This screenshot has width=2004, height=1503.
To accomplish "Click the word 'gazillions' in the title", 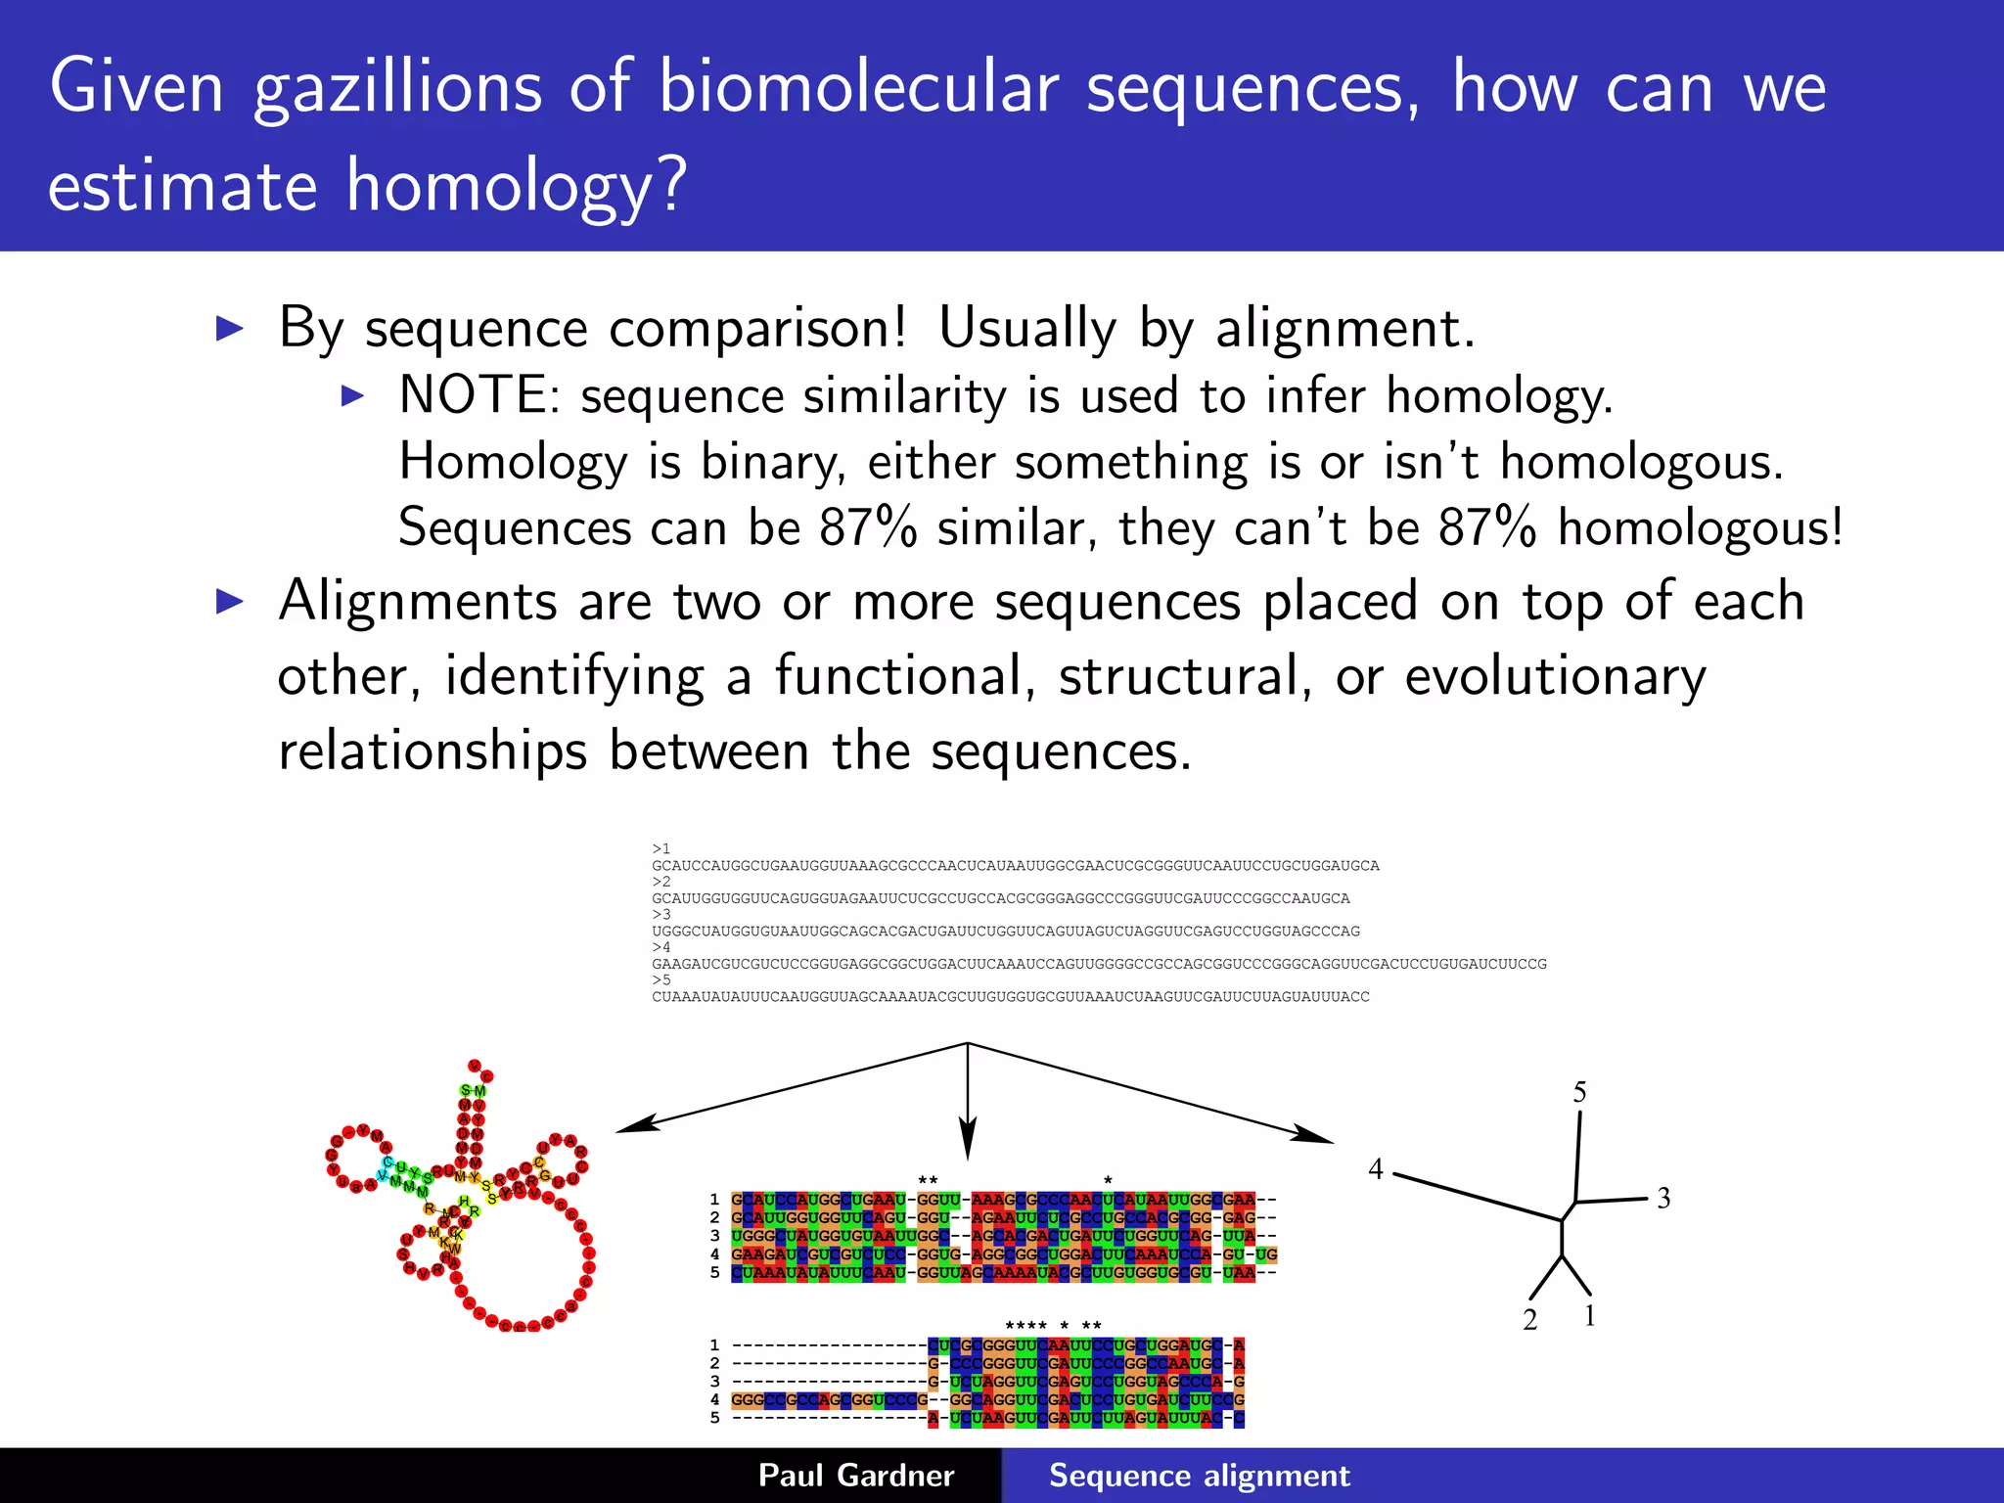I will click(397, 90).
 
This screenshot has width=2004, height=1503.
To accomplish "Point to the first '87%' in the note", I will click(868, 528).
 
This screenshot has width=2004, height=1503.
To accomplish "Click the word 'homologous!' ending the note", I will click(1701, 528).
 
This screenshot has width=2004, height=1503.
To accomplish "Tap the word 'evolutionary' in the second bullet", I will click(1555, 676).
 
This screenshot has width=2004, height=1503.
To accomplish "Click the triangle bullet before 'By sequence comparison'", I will click(229, 329).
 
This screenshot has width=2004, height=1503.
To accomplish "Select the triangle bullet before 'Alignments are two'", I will click(229, 601).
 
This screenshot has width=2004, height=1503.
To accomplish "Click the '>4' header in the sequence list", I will click(661, 947).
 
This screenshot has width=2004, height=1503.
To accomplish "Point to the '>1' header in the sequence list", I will click(661, 848).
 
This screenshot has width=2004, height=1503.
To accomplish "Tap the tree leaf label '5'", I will click(1579, 1092).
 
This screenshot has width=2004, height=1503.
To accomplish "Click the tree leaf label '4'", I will click(1376, 1169).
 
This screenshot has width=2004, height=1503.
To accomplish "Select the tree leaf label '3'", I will click(1663, 1198).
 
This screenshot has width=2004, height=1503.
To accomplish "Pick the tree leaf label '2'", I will click(1530, 1320).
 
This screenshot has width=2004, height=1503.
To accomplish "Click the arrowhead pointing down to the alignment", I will click(967, 1145).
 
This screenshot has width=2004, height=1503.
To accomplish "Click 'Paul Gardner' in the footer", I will click(856, 1476).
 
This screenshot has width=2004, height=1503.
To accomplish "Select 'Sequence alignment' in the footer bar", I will click(1199, 1476).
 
